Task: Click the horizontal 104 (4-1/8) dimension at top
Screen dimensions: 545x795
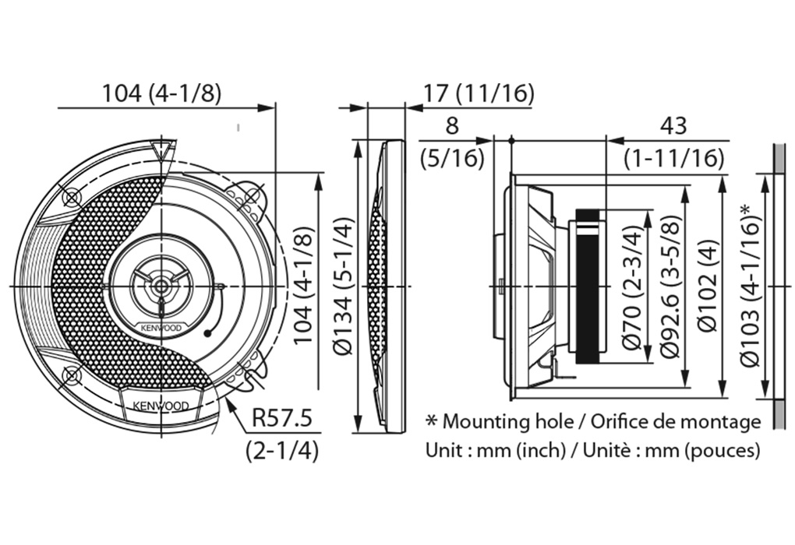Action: coord(162,93)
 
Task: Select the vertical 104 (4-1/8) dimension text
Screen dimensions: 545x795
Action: coord(306,284)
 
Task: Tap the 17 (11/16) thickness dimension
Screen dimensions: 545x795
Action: coord(478,93)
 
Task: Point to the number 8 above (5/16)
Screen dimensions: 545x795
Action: coord(452,126)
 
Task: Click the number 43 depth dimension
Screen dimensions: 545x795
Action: coord(674,126)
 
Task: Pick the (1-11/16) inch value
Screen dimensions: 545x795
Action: coord(674,159)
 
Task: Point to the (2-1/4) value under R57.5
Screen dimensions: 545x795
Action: coord(281,450)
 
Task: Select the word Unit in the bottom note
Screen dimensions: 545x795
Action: coord(441,450)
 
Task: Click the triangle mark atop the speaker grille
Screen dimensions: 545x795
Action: coord(163,150)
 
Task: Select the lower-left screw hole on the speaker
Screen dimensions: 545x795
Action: coord(72,377)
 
